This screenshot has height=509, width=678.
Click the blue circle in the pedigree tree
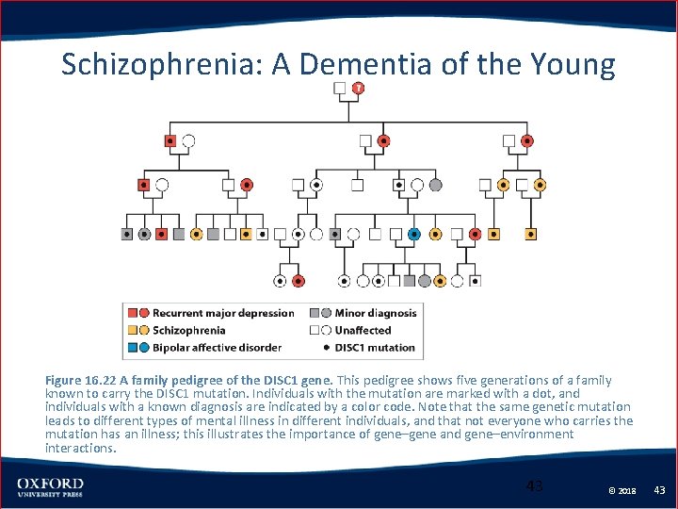414,233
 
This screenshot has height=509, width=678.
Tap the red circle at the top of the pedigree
358,89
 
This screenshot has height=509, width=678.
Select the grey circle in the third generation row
435,185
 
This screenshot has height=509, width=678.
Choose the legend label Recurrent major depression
223,313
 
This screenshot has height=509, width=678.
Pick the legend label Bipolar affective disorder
217,347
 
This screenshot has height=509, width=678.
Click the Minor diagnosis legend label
375,313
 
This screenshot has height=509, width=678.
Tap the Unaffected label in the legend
363,330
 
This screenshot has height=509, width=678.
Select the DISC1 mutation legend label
375,347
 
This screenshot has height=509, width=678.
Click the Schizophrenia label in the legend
189,330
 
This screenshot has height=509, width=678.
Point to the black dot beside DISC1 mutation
326,347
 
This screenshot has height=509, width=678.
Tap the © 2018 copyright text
622,490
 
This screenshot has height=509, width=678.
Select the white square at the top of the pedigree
340,89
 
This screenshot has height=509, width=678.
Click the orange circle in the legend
143,330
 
